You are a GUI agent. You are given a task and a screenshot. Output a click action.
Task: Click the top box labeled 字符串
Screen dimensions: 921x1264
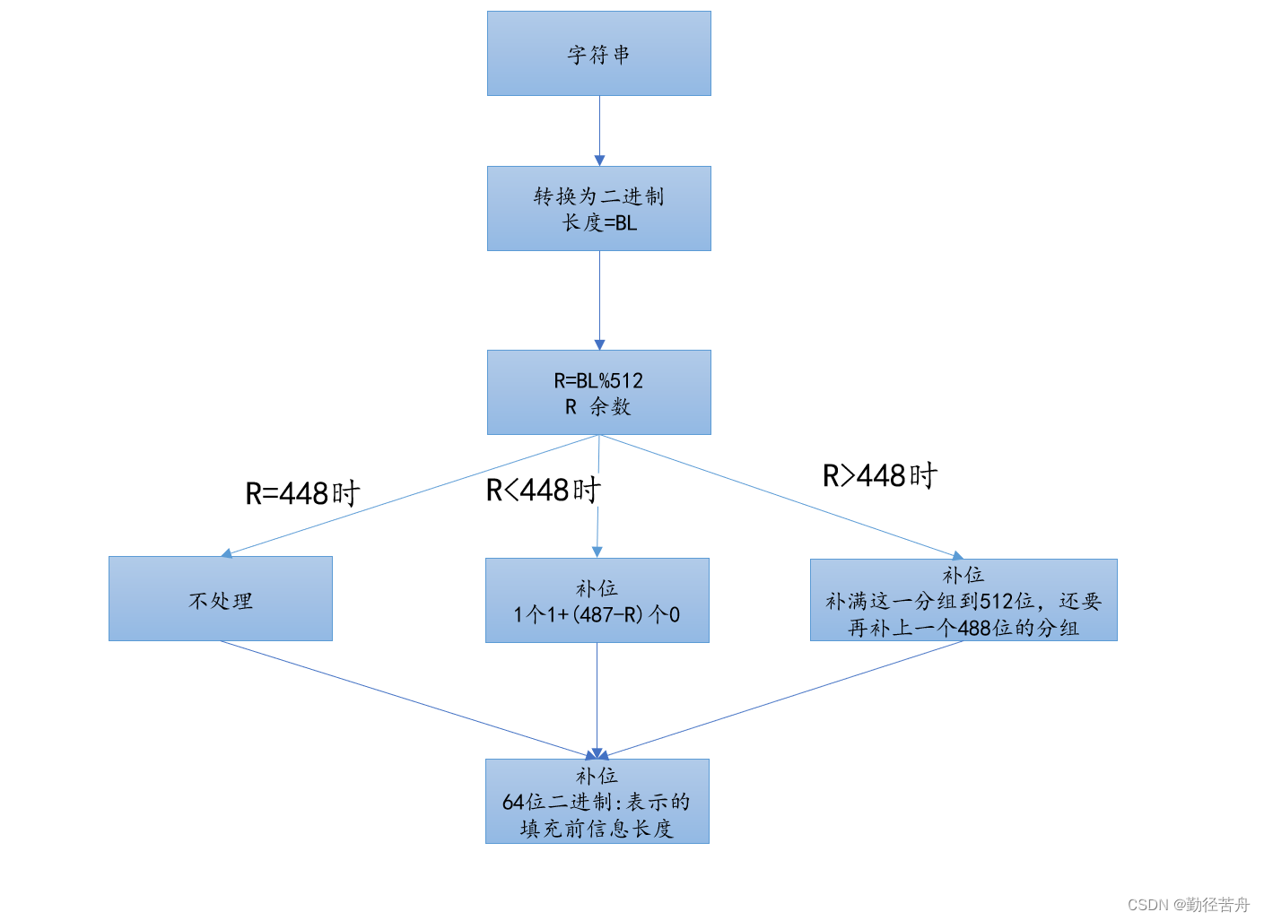point(598,54)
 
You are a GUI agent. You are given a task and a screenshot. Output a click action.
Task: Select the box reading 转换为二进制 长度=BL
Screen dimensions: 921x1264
point(598,208)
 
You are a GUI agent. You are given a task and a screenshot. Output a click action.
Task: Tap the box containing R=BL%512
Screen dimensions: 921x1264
point(598,393)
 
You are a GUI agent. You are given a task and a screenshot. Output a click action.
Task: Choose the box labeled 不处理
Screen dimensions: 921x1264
point(221,599)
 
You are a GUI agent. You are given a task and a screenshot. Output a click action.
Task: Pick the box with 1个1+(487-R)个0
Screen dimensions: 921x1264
point(597,601)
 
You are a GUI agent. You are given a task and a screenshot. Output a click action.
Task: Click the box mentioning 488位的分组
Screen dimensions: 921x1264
point(963,600)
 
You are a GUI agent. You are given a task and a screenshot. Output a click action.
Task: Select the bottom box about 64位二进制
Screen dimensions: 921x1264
point(597,801)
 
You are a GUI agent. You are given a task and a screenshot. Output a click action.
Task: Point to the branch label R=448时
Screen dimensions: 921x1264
point(302,493)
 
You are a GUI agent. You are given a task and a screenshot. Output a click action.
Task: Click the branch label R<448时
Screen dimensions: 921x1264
point(543,491)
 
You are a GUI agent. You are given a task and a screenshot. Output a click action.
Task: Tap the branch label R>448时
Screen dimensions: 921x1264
point(879,475)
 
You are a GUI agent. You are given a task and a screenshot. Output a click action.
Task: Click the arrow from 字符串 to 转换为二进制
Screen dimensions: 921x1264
point(599,130)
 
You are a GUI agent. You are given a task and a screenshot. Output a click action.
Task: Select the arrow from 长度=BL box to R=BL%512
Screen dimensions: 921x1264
point(599,300)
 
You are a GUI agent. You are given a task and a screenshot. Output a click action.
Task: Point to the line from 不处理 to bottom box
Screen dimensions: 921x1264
point(404,699)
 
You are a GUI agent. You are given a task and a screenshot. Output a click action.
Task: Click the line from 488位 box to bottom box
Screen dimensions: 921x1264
point(780,699)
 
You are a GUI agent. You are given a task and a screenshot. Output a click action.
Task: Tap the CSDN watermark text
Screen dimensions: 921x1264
point(1189,905)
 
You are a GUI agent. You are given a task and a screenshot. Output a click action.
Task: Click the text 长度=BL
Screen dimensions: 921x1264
point(599,222)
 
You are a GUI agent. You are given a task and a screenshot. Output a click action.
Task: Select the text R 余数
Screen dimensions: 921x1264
point(598,407)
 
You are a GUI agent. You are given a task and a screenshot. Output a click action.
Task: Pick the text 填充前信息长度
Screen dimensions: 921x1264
point(597,829)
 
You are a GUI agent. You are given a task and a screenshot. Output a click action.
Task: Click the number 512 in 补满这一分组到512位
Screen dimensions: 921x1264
point(997,601)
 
